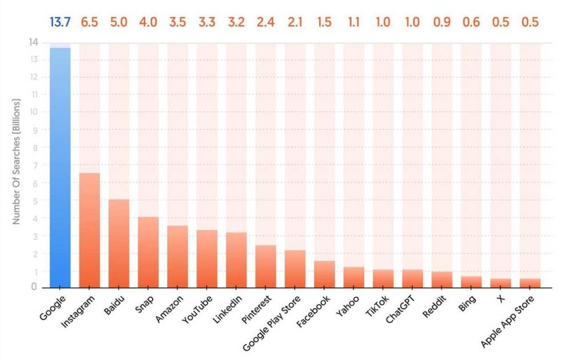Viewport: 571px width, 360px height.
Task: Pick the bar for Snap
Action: [x=148, y=252]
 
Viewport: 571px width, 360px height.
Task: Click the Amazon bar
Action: [x=178, y=256]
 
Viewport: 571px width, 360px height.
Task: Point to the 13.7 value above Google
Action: [x=60, y=22]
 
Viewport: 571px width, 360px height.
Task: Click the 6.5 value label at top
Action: [x=90, y=22]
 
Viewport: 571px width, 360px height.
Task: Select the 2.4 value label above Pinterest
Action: [x=266, y=22]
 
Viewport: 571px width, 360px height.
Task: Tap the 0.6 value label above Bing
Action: [x=471, y=22]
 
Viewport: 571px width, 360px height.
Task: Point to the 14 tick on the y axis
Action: [x=34, y=42]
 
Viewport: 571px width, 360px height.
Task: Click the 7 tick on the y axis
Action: [x=36, y=165]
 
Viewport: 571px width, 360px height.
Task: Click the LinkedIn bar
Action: [x=236, y=260]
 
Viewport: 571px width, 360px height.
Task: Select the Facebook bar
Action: [x=324, y=274]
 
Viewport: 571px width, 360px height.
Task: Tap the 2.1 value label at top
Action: [x=295, y=22]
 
